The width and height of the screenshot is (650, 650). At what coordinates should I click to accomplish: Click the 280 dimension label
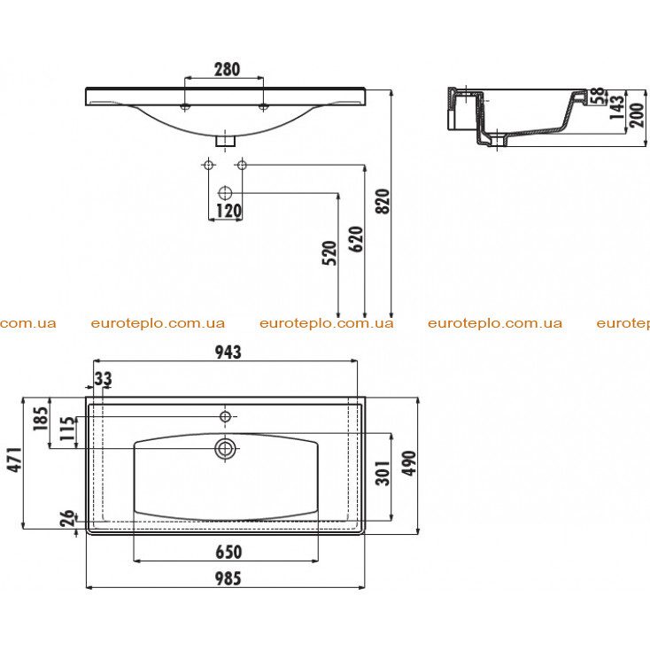point(227,69)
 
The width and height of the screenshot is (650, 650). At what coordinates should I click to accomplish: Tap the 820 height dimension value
point(383,201)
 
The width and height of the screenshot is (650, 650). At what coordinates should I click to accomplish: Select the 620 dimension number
point(356,239)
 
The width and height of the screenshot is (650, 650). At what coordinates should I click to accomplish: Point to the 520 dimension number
point(329,253)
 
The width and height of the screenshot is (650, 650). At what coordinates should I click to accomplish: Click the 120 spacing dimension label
point(228,211)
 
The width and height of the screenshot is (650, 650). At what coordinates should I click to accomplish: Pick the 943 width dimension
point(228,352)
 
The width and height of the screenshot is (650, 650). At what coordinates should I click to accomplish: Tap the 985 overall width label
point(228,578)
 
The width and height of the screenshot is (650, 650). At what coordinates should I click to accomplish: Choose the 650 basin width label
point(228,552)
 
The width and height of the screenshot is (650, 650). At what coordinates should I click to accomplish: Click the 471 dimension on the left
point(14,460)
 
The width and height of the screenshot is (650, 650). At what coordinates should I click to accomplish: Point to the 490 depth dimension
point(409,463)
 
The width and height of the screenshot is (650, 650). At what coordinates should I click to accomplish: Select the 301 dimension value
point(383,473)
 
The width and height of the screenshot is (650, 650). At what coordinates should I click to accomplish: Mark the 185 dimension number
point(41,419)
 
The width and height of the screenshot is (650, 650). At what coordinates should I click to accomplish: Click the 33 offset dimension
point(103,378)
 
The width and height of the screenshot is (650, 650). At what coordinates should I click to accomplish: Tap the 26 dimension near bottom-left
point(67,518)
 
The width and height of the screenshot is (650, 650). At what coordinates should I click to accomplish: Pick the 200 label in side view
point(637,115)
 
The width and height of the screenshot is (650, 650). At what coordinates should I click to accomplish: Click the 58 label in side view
point(598,97)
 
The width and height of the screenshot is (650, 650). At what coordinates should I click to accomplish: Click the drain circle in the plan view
point(225,448)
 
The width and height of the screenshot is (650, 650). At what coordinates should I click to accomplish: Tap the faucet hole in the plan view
point(225,416)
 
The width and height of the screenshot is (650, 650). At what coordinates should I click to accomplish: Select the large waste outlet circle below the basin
point(225,193)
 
